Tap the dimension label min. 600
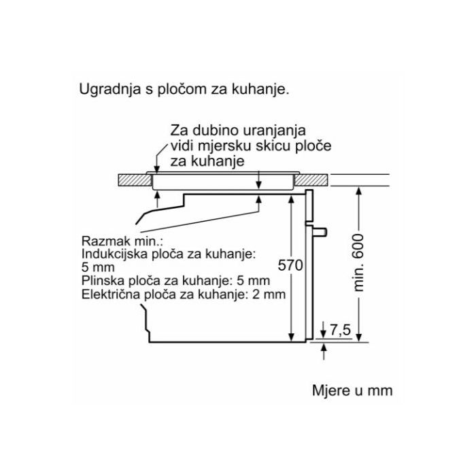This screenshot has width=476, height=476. coord(359,262)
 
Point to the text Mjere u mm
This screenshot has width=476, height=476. coord(352,390)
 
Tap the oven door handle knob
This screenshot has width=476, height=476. coord(322,232)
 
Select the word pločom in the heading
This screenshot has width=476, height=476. coord(177,90)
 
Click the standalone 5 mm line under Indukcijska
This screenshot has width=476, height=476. coord(95,267)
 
